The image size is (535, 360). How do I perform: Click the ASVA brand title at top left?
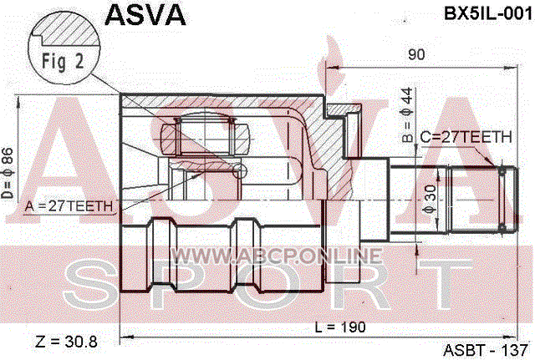click(x=145, y=16)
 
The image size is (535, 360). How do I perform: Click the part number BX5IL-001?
click(x=488, y=14)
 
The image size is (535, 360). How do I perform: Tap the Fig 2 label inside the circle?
click(x=63, y=61)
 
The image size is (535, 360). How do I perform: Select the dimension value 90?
click(x=416, y=54)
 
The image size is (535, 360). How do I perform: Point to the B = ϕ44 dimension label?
click(x=407, y=115)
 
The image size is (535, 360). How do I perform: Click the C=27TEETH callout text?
click(x=466, y=137)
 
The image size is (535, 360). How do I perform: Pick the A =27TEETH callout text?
click(x=69, y=206)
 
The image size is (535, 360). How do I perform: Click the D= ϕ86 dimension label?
click(x=8, y=173)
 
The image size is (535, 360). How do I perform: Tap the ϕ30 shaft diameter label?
click(x=431, y=200)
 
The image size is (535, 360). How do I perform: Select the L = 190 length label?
click(x=340, y=327)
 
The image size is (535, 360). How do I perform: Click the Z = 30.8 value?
click(x=66, y=342)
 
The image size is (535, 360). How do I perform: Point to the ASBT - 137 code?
click(x=486, y=350)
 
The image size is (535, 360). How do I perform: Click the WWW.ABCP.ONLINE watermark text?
click(x=276, y=256)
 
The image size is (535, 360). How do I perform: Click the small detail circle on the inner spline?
click(x=239, y=170)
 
